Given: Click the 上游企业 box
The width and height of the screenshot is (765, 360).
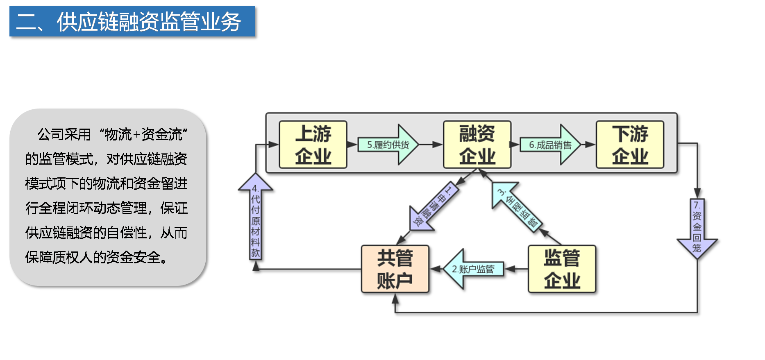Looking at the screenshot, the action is point(313,145).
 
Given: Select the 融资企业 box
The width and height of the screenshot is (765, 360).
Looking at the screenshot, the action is point(477,145).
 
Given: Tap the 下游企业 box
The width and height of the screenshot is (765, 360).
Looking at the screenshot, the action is point(630,145).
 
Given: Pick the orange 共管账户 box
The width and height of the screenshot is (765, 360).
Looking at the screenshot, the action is point(395,269).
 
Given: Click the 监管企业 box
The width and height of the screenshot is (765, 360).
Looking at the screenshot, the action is point(562,269).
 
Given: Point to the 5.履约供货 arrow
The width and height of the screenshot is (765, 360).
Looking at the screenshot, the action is point(388,145).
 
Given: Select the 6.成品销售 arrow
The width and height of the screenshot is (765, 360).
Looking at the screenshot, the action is point(550,145).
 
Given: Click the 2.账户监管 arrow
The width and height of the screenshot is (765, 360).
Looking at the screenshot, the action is point(474,269).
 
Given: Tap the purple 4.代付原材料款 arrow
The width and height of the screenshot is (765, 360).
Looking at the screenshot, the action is point(256,216).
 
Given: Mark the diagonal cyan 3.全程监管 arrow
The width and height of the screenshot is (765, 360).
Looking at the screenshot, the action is point(517,207).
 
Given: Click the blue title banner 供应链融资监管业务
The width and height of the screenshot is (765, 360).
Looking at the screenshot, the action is point(132,21).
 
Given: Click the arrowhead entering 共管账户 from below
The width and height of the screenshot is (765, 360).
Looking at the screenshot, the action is point(395,299).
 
